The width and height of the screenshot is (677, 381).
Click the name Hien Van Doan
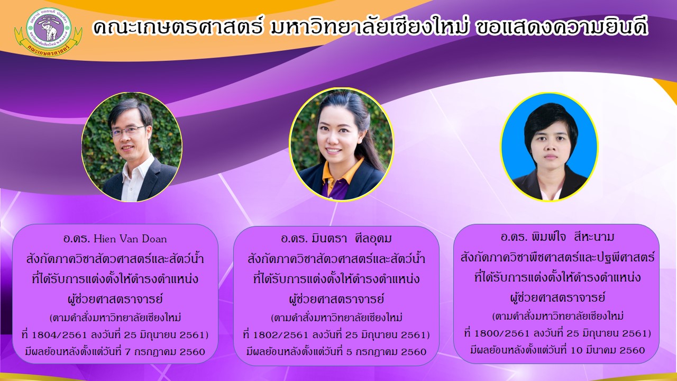click(x=130, y=239)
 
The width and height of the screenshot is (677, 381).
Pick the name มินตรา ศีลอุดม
click(x=350, y=239)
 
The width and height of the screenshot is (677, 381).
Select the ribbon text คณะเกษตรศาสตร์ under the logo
click(x=48, y=50)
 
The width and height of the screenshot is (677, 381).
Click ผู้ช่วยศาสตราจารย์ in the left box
click(x=115, y=299)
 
